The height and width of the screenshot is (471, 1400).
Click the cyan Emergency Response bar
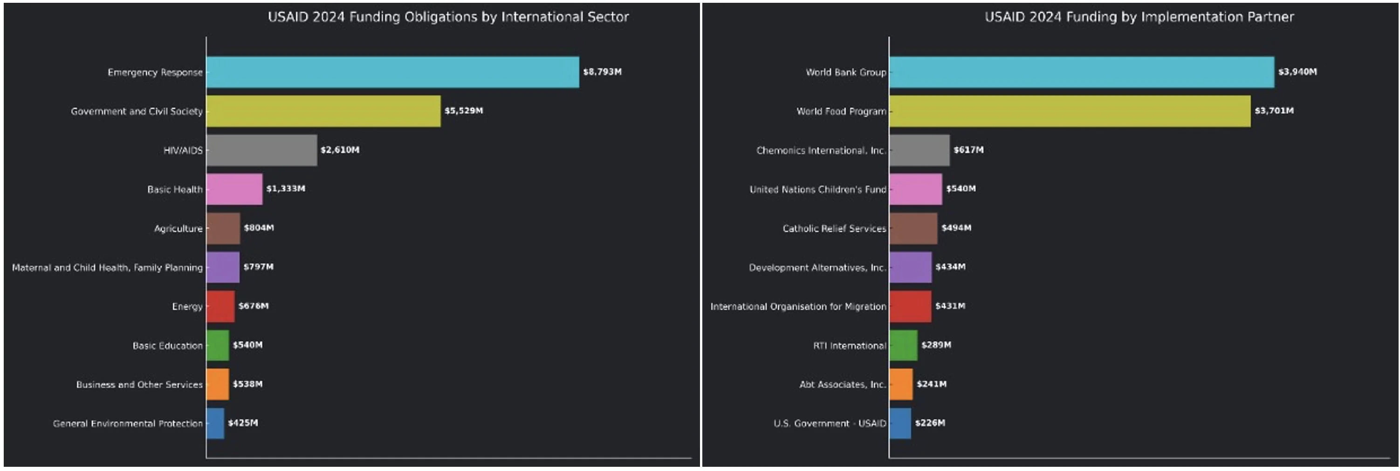pos(392,72)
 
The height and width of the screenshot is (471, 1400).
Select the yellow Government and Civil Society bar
pos(323,111)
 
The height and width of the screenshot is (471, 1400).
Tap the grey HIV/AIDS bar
pos(261,150)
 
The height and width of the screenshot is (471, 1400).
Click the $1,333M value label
pos(285,189)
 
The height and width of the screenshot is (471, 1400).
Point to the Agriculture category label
pos(178,229)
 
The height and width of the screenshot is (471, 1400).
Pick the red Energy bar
pos(220,306)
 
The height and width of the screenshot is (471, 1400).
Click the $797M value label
pos(258,266)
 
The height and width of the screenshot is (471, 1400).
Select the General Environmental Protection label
pos(128,423)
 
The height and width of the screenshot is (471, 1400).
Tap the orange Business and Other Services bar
pos(217,384)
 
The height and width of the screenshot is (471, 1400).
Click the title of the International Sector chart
pos(448,17)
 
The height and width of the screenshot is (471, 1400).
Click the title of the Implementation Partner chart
pos(1139,17)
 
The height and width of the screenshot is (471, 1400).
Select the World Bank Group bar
pos(1082,72)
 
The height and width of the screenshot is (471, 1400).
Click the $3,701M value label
pos(1274,111)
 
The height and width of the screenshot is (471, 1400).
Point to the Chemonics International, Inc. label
pos(821,150)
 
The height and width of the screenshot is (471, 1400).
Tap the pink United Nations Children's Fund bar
pos(916,189)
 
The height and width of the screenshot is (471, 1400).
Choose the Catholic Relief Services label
pos(834,229)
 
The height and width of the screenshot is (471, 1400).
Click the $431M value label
pos(950,305)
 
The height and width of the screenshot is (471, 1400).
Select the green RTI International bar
pos(903,345)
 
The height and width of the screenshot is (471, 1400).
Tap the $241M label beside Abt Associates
pos(932,384)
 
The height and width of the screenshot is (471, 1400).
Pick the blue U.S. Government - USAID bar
pos(900,423)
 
